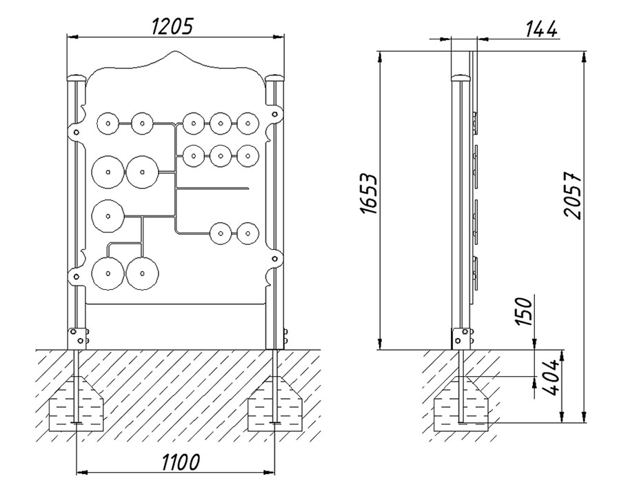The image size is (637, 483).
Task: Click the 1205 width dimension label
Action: (x=172, y=26)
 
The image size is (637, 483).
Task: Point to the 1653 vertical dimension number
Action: (x=370, y=194)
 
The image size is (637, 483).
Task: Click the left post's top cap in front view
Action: (x=77, y=78)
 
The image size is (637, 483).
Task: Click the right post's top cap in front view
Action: (x=276, y=78)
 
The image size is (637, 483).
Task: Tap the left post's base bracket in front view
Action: (x=79, y=338)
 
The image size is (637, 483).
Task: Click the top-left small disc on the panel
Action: (x=108, y=124)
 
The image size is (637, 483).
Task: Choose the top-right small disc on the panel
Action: (x=247, y=124)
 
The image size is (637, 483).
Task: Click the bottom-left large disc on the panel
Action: (x=108, y=273)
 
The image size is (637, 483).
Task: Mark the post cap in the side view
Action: (x=460, y=77)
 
